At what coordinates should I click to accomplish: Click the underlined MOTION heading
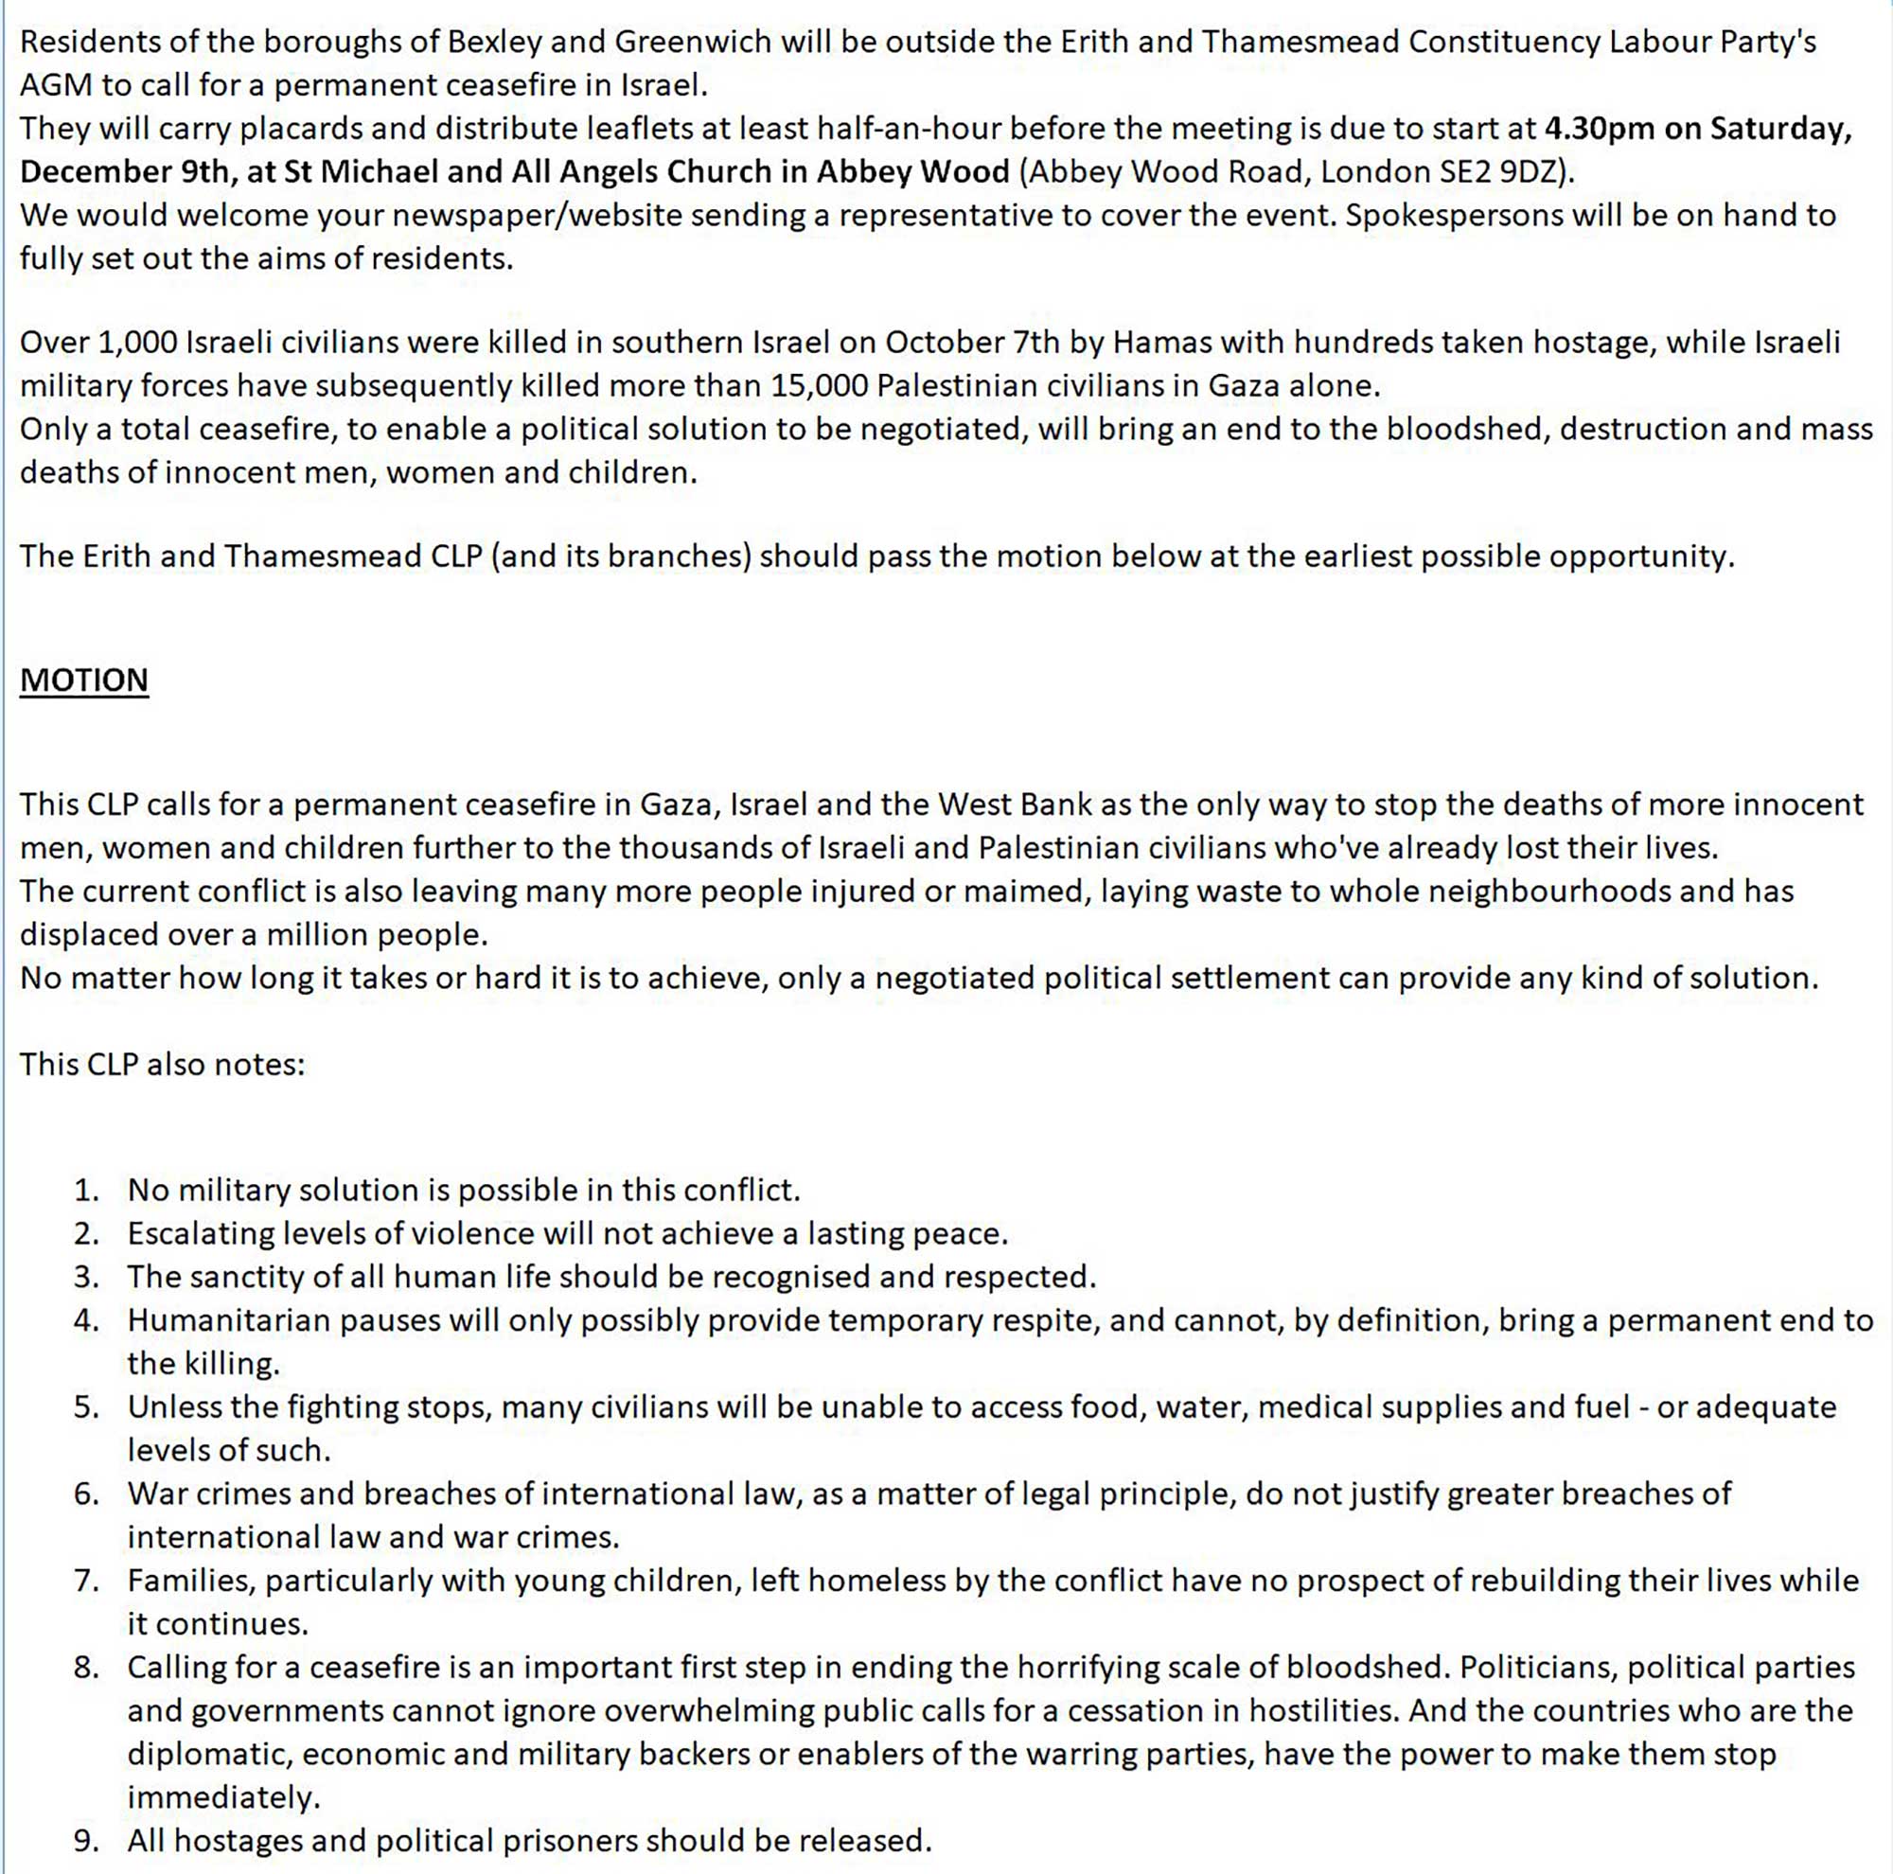click(84, 680)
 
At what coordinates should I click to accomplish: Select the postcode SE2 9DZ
click(1494, 171)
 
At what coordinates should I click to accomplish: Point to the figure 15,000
click(818, 385)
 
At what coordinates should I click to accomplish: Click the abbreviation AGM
click(56, 85)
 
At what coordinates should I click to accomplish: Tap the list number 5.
click(86, 1406)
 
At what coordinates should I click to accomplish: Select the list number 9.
click(86, 1841)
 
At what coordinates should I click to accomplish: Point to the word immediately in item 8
click(223, 1797)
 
